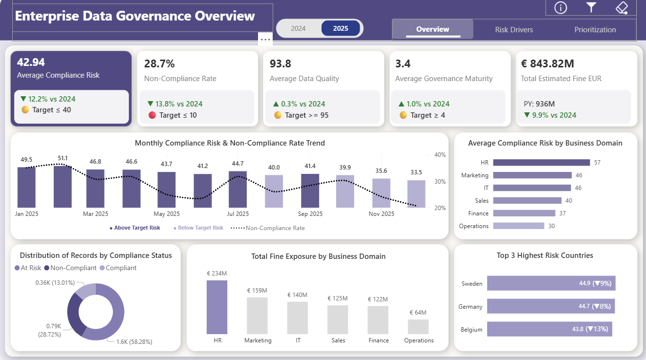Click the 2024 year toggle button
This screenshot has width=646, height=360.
[298, 28]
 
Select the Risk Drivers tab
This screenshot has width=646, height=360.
[514, 30]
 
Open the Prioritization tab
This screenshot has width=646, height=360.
[595, 30]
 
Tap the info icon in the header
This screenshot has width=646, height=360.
[560, 7]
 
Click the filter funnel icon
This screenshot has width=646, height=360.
[591, 7]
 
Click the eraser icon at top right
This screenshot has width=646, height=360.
[621, 7]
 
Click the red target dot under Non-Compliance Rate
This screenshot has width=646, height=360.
[151, 115]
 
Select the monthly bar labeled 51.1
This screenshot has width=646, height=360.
[63, 187]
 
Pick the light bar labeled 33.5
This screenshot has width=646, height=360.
[416, 194]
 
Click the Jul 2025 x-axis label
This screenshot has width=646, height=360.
[238, 214]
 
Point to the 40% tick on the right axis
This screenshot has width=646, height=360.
[440, 155]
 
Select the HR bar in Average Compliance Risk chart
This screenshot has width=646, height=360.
[541, 163]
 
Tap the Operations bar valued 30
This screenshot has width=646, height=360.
[518, 226]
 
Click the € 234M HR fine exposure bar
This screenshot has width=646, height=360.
[216, 307]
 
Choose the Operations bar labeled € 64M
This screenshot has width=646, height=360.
[418, 326]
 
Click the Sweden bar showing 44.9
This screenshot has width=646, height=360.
[551, 283]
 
